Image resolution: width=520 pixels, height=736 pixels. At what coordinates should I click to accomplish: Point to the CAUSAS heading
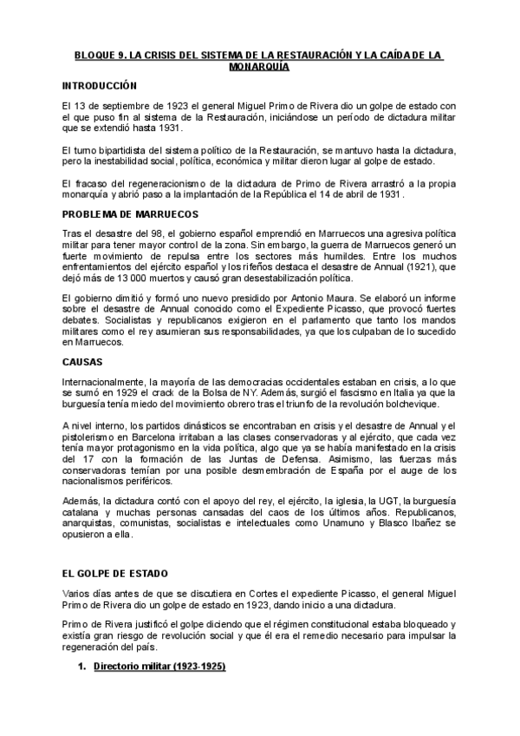coord(82,360)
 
